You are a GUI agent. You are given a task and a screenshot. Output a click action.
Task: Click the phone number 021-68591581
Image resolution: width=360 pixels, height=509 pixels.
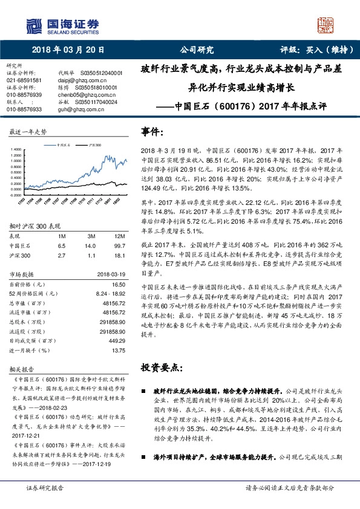click(x=24, y=80)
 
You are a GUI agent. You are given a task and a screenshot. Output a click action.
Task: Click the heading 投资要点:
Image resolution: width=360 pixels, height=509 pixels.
click(x=163, y=367)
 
